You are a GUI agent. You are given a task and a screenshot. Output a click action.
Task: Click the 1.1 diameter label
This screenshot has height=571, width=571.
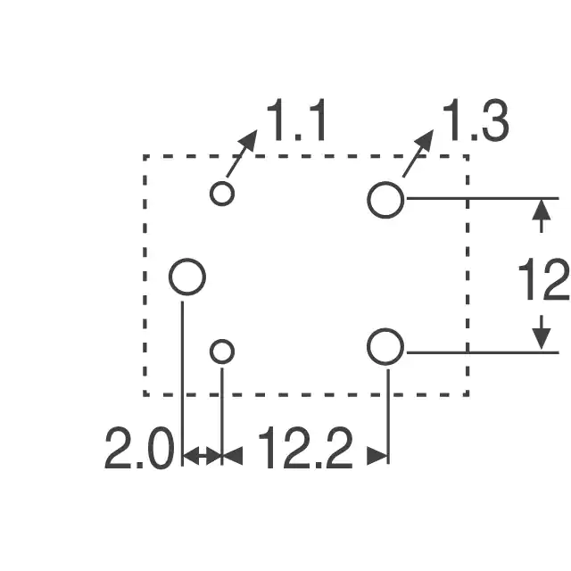coord(296,120)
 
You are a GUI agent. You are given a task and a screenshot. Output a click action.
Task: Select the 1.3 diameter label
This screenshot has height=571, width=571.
coord(476,120)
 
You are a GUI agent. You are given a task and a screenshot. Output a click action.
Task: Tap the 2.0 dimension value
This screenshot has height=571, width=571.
coord(139,448)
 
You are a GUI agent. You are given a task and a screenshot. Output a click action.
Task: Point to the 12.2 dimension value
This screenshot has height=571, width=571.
coord(305,448)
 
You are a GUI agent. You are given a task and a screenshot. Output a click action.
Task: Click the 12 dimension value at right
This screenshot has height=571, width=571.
coord(544,279)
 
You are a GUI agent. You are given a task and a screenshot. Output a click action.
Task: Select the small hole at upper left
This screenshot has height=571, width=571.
coord(222,194)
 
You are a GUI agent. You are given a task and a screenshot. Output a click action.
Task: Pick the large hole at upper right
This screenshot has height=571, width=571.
coord(385,200)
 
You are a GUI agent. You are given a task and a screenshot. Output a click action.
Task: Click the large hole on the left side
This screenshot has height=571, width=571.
coord(187,277)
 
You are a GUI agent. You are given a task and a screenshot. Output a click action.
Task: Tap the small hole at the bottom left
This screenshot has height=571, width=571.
coord(222,352)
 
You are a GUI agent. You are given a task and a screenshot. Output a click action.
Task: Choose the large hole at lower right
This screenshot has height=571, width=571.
coord(385,347)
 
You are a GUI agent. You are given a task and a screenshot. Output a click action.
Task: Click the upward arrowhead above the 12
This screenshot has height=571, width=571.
coord(542,211)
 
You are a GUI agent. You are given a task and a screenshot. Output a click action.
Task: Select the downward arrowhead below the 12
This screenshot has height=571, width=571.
coord(542,339)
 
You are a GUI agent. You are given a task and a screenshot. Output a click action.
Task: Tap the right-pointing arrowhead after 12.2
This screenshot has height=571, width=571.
coord(377,456)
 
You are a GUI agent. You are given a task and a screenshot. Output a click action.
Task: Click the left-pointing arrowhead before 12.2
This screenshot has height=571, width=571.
coord(232,456)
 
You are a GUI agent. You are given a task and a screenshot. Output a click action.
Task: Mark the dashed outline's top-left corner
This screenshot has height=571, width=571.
coord(145,156)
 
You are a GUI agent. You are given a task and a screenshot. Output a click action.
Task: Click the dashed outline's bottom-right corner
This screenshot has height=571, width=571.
coord(468,394)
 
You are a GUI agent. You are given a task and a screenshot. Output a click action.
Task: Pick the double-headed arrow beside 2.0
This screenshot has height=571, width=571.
coord(203,456)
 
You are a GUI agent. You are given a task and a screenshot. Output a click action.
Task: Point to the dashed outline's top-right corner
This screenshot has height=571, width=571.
coord(468,156)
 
